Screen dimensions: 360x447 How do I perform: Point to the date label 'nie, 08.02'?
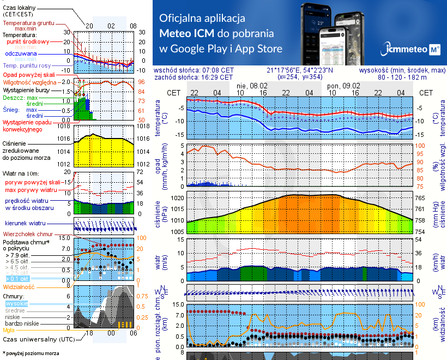coord(252,86)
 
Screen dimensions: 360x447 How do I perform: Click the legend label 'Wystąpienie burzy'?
coord(27,89)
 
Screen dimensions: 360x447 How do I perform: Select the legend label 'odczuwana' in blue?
coord(21,54)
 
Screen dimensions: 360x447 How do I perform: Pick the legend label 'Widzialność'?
coord(19,286)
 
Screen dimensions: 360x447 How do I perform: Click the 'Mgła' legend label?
coord(9,329)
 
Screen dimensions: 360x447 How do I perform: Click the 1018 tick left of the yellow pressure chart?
coord(65,127)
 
